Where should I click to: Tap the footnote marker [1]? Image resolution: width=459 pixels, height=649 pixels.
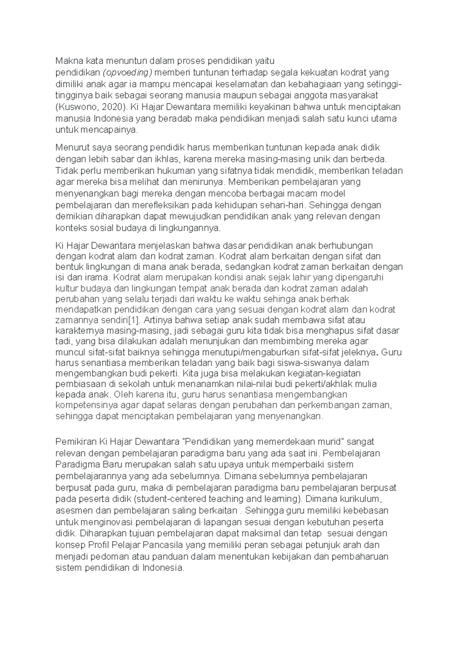(x=132, y=320)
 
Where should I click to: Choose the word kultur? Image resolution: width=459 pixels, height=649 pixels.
(x=66, y=288)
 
